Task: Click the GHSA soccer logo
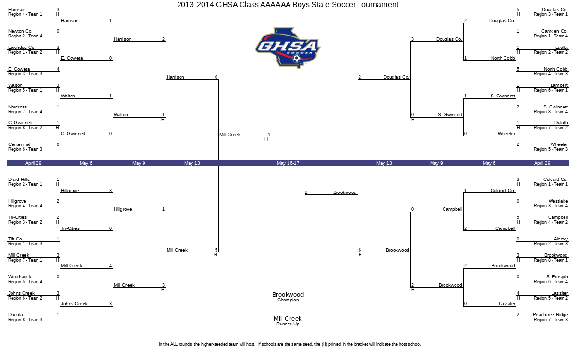(288, 48)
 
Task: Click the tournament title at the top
(288, 5)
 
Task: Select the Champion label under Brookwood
(288, 300)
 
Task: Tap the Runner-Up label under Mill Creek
(288, 324)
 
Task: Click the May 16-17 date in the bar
(288, 163)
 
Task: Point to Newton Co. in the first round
(20, 31)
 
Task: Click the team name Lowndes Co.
(22, 48)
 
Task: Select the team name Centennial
(19, 144)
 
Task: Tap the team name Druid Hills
(19, 180)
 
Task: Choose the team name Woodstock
(20, 277)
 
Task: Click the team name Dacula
(15, 315)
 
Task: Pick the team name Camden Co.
(554, 31)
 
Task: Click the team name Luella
(561, 48)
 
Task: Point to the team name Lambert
(559, 85)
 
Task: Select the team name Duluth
(561, 123)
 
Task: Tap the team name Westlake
(558, 201)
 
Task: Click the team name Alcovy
(561, 239)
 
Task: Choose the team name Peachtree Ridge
(550, 315)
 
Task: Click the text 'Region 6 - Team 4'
(551, 282)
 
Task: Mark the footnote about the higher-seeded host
(290, 344)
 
